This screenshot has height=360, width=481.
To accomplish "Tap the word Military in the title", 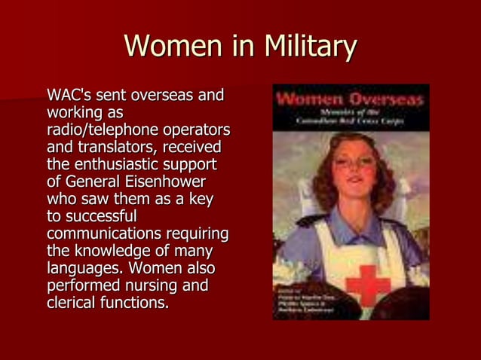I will [x=309, y=47].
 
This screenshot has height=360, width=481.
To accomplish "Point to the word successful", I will [x=102, y=217].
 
